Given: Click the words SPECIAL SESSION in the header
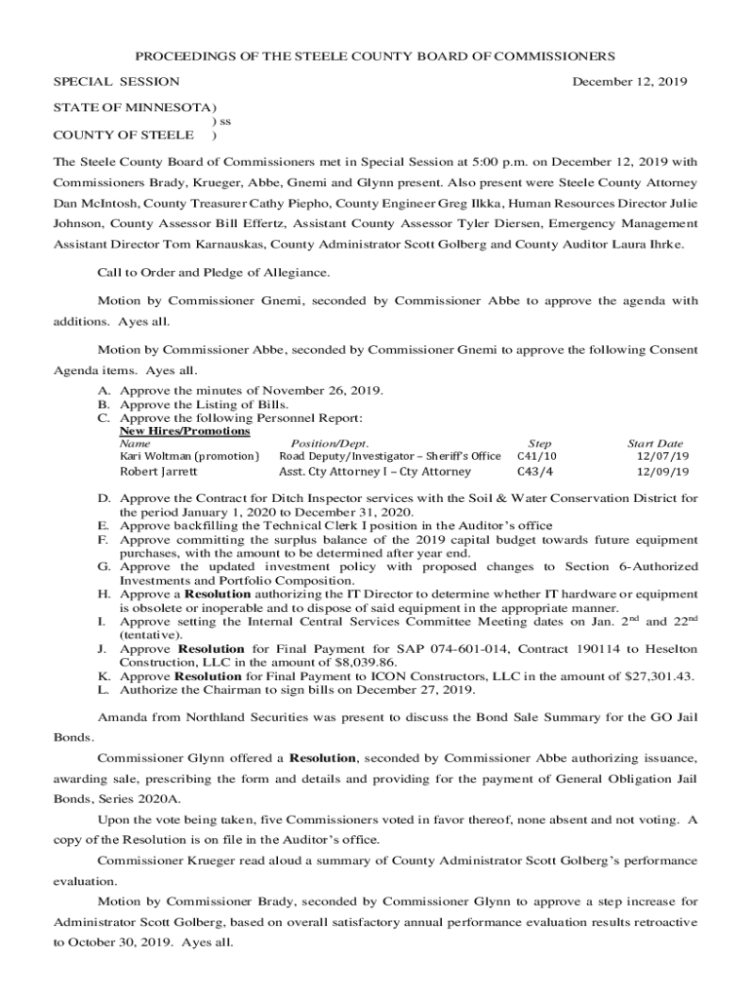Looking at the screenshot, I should [116, 82].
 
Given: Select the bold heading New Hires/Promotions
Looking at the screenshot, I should [184, 431].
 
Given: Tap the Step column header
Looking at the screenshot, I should [538, 443].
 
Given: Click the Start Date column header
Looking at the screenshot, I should [655, 443].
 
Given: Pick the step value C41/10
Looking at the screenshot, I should [536, 456].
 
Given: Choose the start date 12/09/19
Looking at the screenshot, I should [662, 472].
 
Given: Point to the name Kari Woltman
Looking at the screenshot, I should [155, 456].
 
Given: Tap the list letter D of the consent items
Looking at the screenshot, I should [101, 499].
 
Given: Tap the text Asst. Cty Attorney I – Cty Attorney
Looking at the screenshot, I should [375, 472].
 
